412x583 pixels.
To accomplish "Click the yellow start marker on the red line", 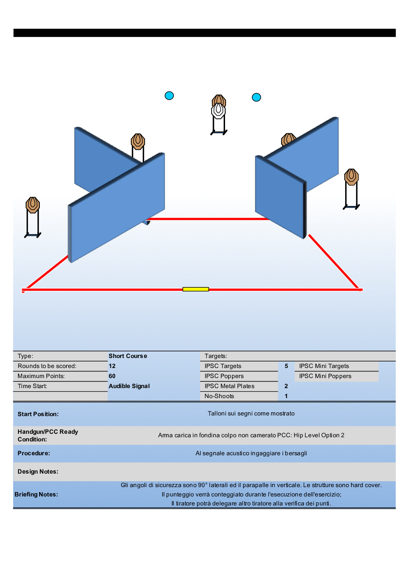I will tap(196, 289).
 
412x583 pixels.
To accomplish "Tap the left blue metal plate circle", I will tap(169, 96).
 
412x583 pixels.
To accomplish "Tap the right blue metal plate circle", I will tap(256, 97).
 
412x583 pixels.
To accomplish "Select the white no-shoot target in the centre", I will tap(218, 111).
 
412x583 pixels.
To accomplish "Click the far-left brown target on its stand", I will tap(33, 205).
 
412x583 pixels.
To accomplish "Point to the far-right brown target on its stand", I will tap(351, 177).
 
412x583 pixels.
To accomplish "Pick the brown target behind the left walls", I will tap(138, 142).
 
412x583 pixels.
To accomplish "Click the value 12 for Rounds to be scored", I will tap(112, 366).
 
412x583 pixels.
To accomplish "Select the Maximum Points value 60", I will tap(112, 376).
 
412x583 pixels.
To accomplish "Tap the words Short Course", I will tap(128, 356).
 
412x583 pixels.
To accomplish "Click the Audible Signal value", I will tap(129, 386).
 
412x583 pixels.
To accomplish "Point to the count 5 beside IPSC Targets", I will tap(286, 366).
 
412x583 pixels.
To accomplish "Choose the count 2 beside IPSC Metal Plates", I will tap(286, 386).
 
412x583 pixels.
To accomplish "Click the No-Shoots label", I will tap(219, 396).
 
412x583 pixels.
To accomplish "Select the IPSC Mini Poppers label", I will tap(325, 376).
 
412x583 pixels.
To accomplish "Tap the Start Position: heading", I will tap(38, 414).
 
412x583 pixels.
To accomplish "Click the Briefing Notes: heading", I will tap(36, 494).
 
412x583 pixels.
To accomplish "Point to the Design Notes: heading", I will tap(38, 472).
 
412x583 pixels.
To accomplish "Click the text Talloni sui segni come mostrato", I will tap(251, 413).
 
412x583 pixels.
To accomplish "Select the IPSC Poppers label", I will tap(224, 376).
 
